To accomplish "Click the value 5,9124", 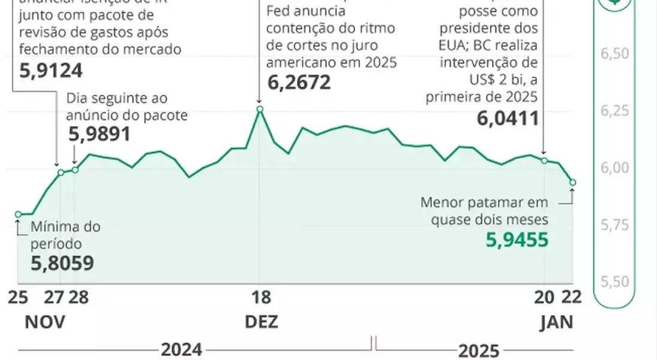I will point(51,70).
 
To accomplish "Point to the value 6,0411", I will point(508,119).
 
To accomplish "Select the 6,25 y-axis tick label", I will point(614,110).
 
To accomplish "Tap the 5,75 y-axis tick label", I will point(614,225).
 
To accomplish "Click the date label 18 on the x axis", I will point(259,298).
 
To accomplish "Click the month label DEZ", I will point(262,322).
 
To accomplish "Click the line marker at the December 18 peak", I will point(260,109).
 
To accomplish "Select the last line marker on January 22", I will point(572,182).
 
